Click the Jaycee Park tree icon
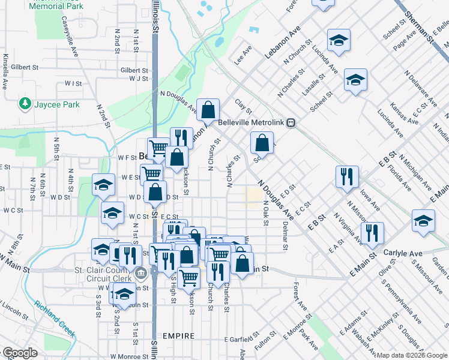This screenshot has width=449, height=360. click(x=25, y=104)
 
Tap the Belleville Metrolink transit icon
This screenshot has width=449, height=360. click(x=291, y=122)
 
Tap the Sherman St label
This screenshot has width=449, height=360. click(x=418, y=29)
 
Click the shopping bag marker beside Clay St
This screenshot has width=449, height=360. click(x=208, y=110)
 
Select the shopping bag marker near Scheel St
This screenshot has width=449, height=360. click(x=262, y=143)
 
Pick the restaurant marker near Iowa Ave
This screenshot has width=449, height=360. click(x=347, y=176)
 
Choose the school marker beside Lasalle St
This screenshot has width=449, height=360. click(x=355, y=81)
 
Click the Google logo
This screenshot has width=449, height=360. click(x=20, y=353)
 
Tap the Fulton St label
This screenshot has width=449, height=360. click(x=264, y=346)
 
